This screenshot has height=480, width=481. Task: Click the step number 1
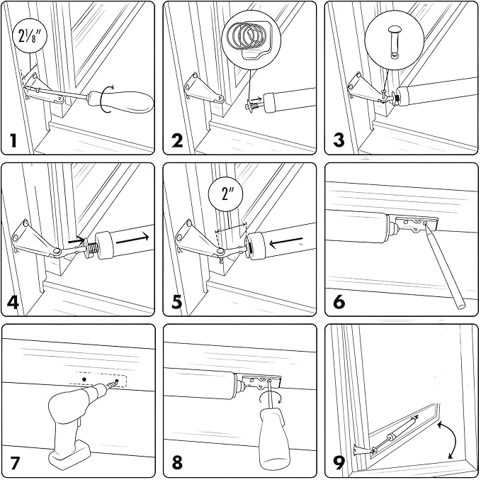point(13,140)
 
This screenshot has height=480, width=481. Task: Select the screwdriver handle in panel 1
point(121,101)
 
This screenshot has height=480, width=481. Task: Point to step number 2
point(177,140)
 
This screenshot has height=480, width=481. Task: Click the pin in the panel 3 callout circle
point(394,42)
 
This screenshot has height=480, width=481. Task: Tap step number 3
point(339,140)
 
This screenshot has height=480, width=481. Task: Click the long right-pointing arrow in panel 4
point(132,239)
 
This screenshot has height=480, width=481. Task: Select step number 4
point(13,302)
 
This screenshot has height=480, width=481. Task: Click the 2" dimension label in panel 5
point(226,194)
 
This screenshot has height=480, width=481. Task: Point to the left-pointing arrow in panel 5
point(286,241)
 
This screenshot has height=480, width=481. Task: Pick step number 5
point(177,302)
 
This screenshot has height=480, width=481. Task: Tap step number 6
point(339,302)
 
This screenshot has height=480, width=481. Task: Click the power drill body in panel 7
point(73,428)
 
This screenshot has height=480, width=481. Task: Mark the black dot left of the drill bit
point(84,379)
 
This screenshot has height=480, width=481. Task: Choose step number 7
point(15,464)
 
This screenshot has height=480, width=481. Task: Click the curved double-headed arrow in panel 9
point(449,440)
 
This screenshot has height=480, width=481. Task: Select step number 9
point(339,464)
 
